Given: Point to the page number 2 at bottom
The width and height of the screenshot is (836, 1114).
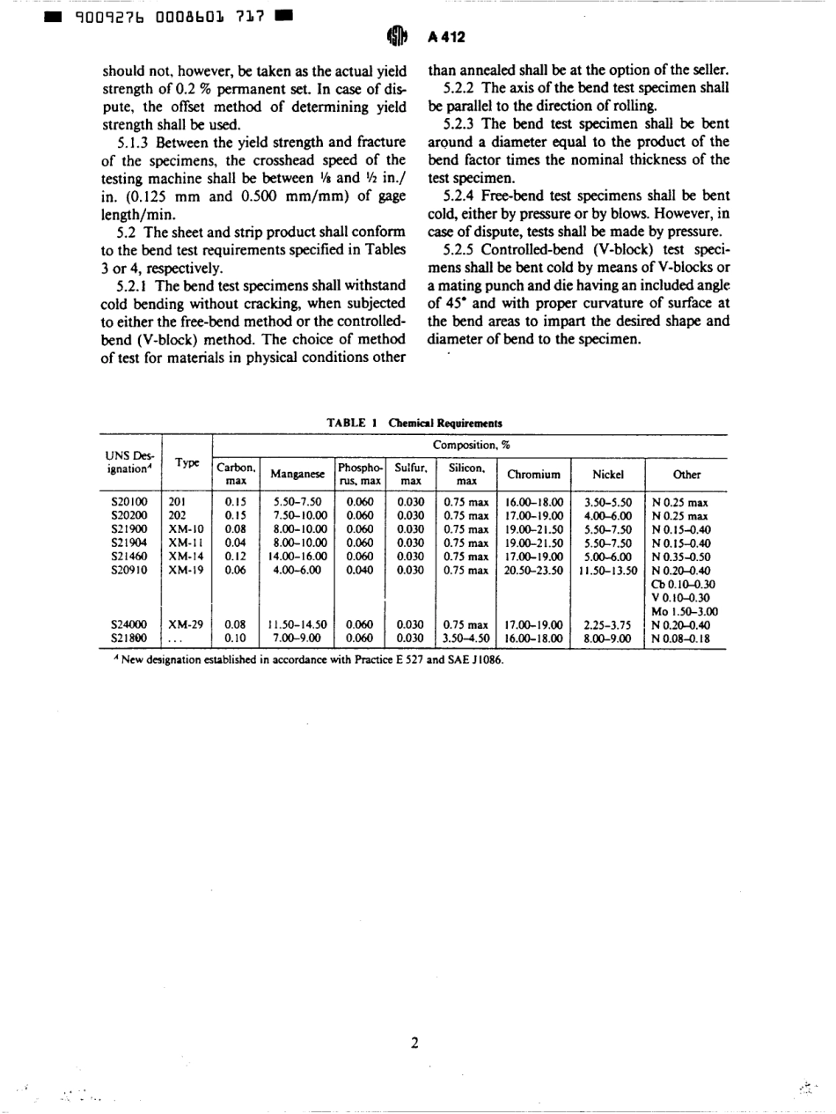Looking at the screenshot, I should coord(414,1044).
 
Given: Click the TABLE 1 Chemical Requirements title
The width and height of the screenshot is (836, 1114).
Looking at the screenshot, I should coord(414,423).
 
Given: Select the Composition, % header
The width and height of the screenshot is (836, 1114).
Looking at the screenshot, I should coord(468,446).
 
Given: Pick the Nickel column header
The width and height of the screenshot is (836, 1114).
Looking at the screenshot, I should coord(607,475).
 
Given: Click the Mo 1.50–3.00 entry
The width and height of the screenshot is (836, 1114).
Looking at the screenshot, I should coord(685,610).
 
